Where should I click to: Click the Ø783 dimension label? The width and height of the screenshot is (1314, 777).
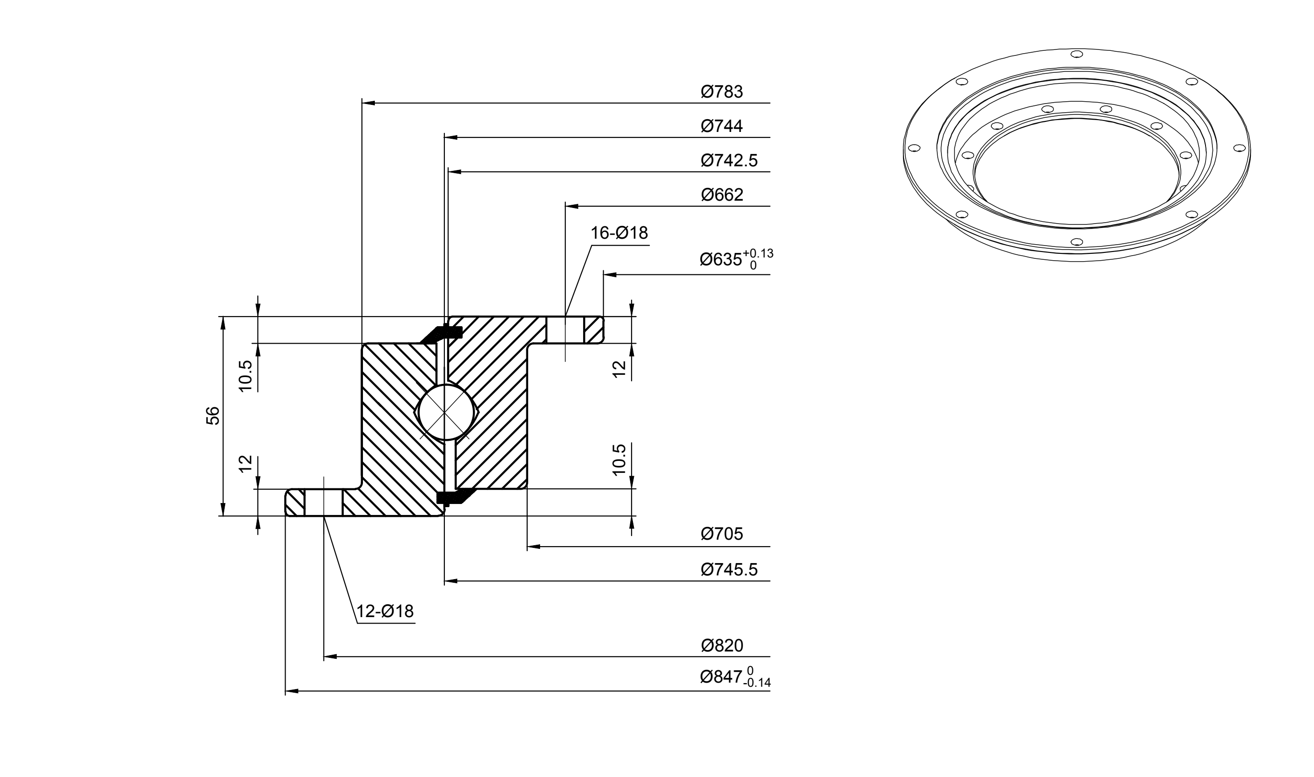tap(722, 92)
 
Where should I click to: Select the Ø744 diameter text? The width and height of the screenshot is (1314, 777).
tap(722, 126)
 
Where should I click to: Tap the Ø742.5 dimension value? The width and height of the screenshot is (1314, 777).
tap(729, 160)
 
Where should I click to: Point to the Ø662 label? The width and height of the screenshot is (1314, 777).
tap(722, 195)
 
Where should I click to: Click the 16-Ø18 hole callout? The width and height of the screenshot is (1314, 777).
tap(619, 233)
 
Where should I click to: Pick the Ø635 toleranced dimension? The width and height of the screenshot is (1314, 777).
tap(736, 259)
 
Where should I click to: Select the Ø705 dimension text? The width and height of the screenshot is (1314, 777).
tap(722, 534)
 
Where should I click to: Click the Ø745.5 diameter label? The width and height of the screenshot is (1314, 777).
tap(729, 569)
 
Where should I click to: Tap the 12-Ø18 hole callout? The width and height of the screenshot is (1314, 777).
tap(385, 611)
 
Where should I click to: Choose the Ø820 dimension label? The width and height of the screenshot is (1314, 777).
tap(722, 646)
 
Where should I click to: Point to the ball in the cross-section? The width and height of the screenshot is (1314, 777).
tap(443, 413)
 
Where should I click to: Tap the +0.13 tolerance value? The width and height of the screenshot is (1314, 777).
tap(758, 254)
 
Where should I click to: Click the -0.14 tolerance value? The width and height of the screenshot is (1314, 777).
tap(757, 683)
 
